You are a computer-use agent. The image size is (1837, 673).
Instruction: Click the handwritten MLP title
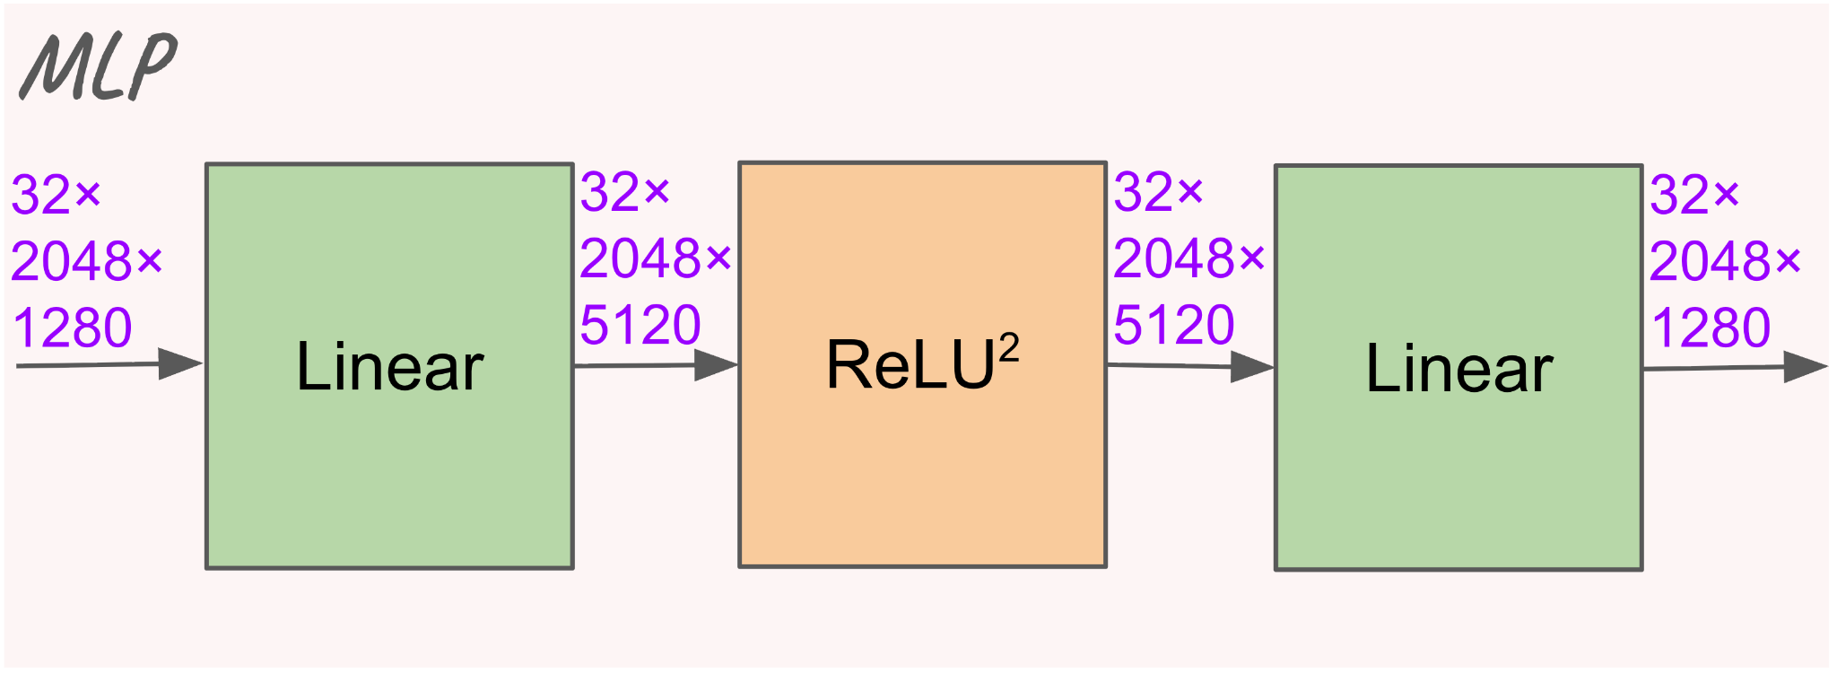(99, 66)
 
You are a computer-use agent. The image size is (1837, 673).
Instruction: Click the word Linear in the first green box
(389, 367)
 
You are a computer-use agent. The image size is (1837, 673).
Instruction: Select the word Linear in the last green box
(1458, 369)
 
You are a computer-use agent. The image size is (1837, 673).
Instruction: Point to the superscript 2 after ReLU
(1009, 346)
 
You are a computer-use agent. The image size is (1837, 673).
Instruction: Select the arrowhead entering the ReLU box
(716, 365)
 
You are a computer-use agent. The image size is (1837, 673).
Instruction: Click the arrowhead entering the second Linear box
(1252, 366)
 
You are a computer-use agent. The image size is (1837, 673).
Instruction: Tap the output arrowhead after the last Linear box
(1805, 366)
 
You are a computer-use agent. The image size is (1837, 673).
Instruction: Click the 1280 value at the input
(73, 328)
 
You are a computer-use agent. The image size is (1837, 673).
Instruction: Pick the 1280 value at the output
(1711, 328)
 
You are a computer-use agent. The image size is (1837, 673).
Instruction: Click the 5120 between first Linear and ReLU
(640, 325)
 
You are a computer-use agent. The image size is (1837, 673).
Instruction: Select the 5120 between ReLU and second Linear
(1174, 325)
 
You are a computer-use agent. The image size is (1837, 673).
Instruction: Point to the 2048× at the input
(87, 262)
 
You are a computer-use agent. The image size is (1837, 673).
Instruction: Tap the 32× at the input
(57, 196)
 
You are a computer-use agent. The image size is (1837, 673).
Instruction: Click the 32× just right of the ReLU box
(1158, 193)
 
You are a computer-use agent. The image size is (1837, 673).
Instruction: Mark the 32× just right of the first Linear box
(625, 193)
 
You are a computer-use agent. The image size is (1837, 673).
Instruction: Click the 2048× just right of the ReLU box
(1189, 259)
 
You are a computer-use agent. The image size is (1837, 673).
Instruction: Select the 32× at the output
(1694, 196)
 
